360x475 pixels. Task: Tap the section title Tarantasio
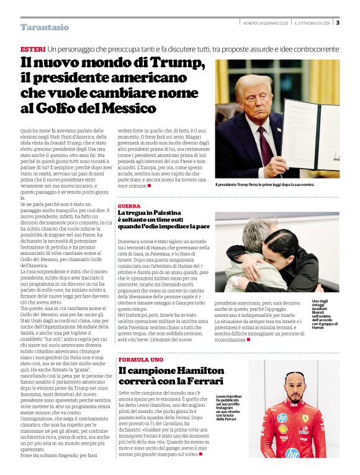point(45,27)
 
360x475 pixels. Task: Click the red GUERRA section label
point(129,205)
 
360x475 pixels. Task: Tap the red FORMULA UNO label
point(141,360)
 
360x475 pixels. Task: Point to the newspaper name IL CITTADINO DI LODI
point(313,23)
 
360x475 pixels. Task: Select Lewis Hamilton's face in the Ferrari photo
point(295,386)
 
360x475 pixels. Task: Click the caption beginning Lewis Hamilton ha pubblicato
point(229,407)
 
